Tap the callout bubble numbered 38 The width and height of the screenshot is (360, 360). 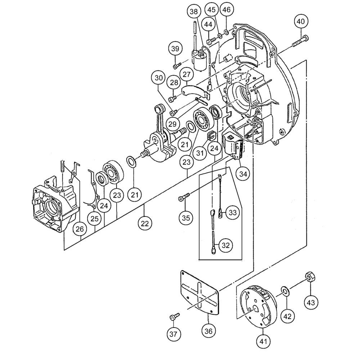194,12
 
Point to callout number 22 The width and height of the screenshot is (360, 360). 144,223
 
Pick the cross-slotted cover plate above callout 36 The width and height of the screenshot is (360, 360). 199,294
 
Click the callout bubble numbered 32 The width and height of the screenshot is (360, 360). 226,246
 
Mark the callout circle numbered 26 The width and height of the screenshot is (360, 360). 80,229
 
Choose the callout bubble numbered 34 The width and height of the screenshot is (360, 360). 244,174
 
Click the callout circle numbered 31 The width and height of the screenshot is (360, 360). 200,153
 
